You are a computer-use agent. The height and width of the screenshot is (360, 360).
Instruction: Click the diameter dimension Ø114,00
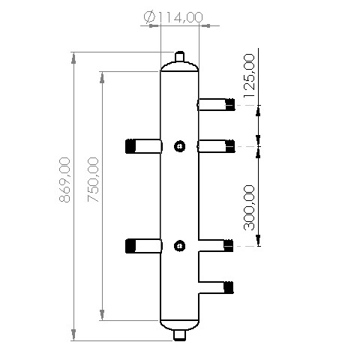[172, 16]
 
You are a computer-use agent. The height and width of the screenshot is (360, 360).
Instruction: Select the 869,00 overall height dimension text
[65, 180]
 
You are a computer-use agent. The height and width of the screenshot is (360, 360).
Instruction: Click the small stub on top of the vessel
[179, 57]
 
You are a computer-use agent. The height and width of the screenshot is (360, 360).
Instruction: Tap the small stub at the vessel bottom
[179, 334]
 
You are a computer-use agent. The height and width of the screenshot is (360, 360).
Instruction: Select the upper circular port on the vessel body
[179, 146]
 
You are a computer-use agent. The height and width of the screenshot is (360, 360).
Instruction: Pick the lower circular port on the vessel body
[179, 244]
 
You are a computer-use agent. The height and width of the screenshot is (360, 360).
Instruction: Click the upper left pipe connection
[144, 145]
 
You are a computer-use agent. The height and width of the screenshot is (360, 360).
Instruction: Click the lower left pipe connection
[144, 244]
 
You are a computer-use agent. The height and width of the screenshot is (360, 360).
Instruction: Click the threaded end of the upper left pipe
[131, 145]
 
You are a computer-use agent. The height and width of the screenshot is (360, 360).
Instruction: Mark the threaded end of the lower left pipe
[131, 244]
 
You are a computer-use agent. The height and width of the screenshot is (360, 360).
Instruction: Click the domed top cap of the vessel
[179, 67]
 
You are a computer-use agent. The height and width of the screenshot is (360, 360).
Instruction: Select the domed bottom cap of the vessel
[179, 324]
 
